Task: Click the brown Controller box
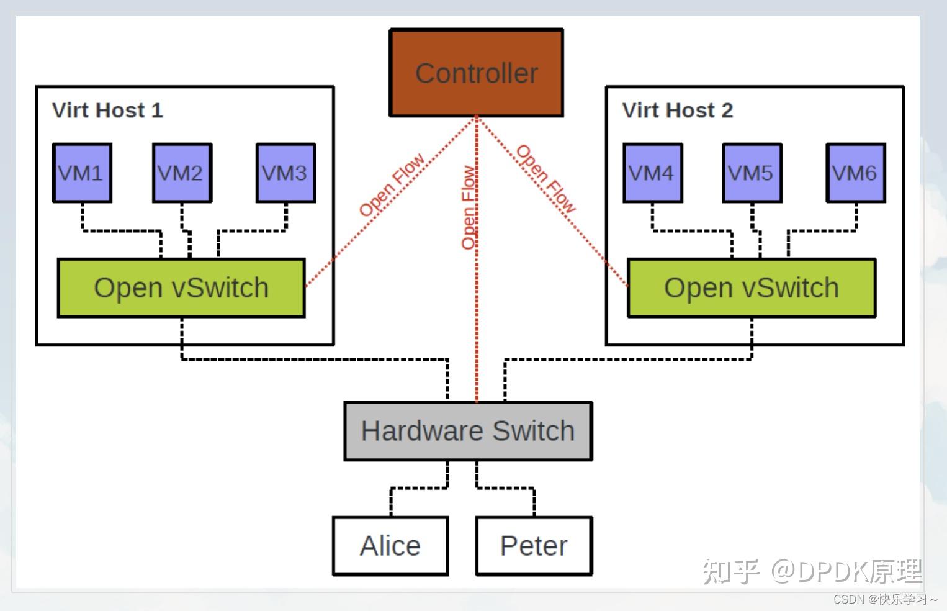click(476, 73)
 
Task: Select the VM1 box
click(82, 173)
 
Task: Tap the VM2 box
click(182, 173)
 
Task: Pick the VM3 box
click(285, 173)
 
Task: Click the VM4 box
click(652, 173)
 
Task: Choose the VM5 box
click(752, 173)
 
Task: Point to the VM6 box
click(855, 173)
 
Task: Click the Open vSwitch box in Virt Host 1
click(181, 288)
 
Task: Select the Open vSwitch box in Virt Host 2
click(752, 288)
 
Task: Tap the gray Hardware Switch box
click(468, 431)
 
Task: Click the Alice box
click(390, 546)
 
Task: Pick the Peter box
click(534, 546)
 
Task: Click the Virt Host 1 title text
click(107, 111)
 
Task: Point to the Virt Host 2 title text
click(678, 111)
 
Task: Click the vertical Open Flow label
click(469, 207)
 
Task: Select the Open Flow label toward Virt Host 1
click(392, 184)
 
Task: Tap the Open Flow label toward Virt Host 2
click(546, 179)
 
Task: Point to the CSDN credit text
click(885, 599)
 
